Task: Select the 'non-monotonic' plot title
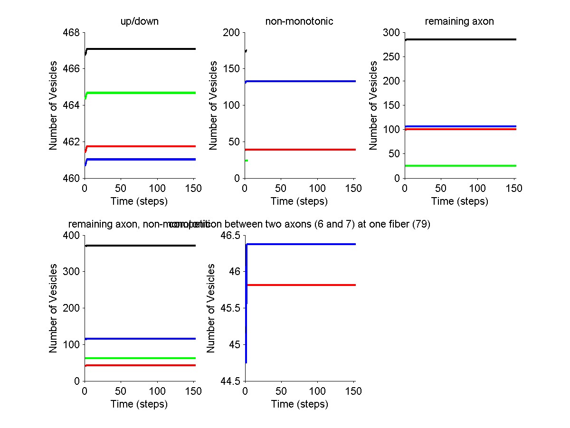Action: pos(299,21)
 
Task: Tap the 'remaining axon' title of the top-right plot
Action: pos(459,21)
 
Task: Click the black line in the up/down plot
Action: pos(142,48)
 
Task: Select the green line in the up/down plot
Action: pos(142,93)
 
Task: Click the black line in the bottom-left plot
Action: pos(142,246)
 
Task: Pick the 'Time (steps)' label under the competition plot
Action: pos(299,404)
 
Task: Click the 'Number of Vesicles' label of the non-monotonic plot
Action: pos(214,105)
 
